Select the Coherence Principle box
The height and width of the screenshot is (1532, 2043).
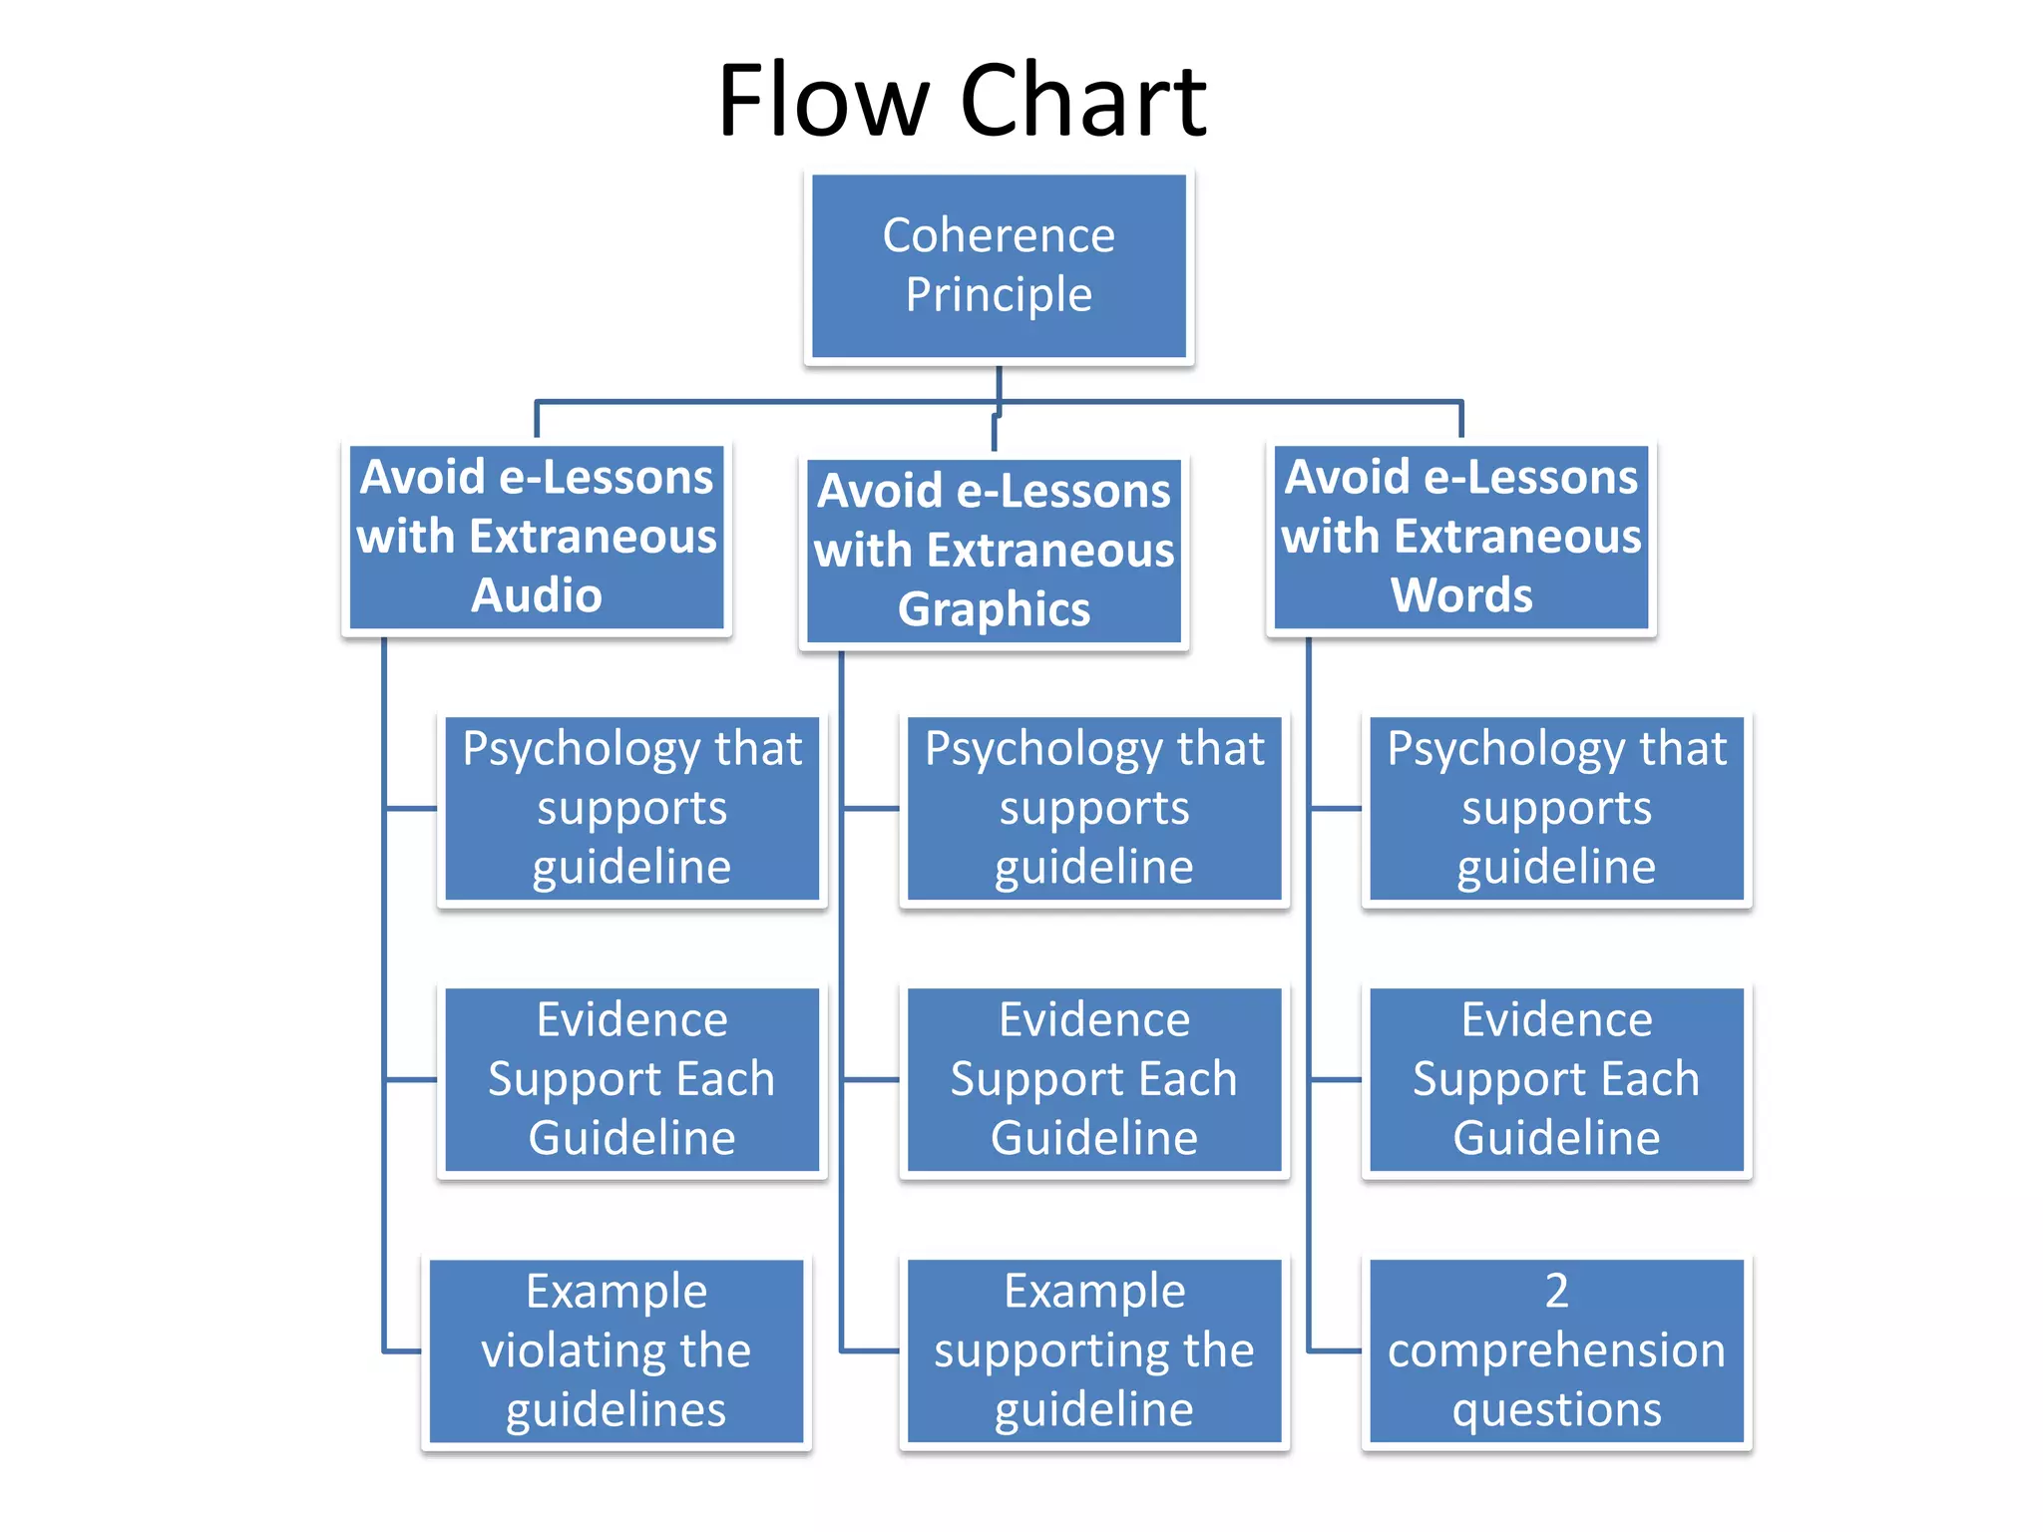(999, 265)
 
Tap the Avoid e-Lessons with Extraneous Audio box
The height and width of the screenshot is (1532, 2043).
(537, 537)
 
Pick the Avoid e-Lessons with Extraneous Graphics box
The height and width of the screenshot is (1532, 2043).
(994, 551)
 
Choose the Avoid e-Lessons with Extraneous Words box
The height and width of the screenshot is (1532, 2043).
(1460, 537)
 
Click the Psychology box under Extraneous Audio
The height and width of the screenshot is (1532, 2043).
(631, 808)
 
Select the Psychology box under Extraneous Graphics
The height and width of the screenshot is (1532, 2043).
(1093, 808)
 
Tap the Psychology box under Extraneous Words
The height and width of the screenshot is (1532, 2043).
(1556, 808)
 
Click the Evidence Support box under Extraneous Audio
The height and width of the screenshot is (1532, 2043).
(631, 1079)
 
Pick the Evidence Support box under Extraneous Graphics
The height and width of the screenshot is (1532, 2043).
(1093, 1079)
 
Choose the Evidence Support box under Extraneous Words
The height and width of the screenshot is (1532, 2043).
(1556, 1079)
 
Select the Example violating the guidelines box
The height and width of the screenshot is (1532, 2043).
(615, 1350)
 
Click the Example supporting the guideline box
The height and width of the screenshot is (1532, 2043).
(1093, 1350)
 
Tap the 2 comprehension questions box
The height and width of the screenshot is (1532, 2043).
(1556, 1350)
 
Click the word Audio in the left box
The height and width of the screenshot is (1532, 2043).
(537, 595)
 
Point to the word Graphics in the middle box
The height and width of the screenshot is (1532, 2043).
(994, 609)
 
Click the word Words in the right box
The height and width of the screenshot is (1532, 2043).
(1460, 595)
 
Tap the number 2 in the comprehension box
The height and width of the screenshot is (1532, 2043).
(1556, 1291)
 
